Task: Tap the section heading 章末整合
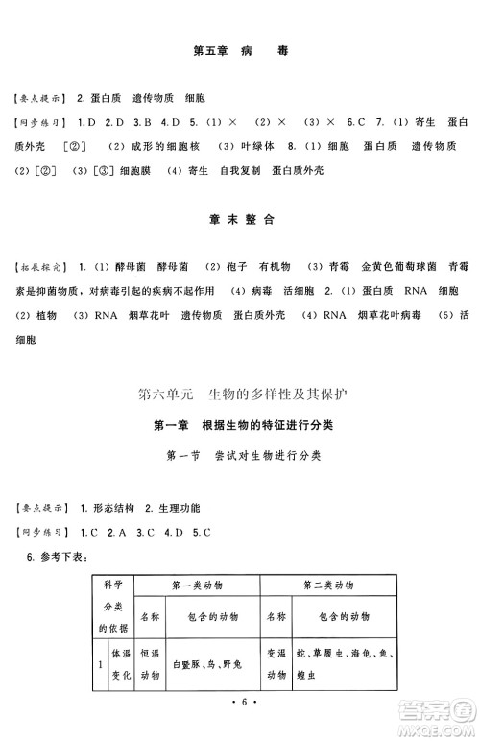point(240,219)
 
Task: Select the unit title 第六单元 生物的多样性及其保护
point(240,393)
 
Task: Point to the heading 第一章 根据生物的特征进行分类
point(240,424)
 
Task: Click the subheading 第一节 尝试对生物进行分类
point(240,455)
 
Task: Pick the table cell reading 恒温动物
point(149,663)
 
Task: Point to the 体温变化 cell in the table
point(119,663)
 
